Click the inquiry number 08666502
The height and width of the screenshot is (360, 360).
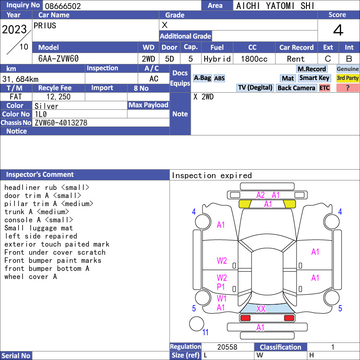(x=63, y=6)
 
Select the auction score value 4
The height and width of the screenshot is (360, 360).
(x=338, y=30)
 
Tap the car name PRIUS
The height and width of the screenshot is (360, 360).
(x=45, y=26)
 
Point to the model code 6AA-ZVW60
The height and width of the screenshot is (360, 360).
(x=58, y=59)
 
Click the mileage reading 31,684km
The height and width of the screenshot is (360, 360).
(x=20, y=79)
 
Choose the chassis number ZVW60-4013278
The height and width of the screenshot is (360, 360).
(x=61, y=123)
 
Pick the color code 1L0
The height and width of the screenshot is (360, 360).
(x=40, y=114)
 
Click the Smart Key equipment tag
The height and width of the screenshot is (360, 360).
(x=314, y=78)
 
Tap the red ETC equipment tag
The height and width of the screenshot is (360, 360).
(x=324, y=88)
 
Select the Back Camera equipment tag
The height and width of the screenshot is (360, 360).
(x=296, y=88)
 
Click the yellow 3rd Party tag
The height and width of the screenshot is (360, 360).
(x=347, y=78)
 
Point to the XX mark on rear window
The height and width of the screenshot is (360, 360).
(x=261, y=309)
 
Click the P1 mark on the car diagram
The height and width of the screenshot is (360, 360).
(x=221, y=287)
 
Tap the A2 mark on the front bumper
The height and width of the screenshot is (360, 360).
(x=261, y=195)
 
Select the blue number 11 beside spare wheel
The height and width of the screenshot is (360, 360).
(x=205, y=332)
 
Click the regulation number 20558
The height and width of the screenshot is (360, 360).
(x=227, y=347)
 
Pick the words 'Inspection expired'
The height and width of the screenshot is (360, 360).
(x=211, y=175)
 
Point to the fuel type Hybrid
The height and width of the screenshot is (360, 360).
(x=217, y=59)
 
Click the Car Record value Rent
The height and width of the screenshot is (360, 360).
(x=296, y=59)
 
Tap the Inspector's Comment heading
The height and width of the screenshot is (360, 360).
(x=40, y=175)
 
